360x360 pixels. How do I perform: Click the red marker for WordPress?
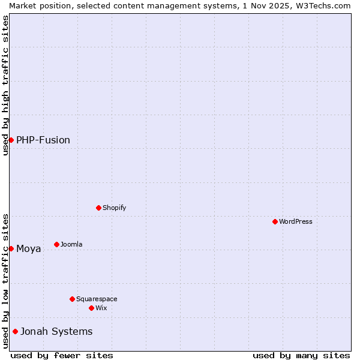pyautogui.click(x=275, y=221)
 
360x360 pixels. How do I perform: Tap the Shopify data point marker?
pyautogui.click(x=98, y=208)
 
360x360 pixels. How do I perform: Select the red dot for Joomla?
pyautogui.click(x=56, y=244)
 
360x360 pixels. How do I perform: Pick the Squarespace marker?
pyautogui.click(x=72, y=299)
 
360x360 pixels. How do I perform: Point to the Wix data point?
pyautogui.click(x=91, y=308)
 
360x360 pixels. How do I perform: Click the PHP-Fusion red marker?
pyautogui.click(x=11, y=140)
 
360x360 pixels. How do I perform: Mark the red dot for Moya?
pyautogui.click(x=11, y=248)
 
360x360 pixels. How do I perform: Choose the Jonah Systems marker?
pyautogui.click(x=15, y=331)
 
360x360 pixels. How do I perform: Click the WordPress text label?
pyautogui.click(x=296, y=221)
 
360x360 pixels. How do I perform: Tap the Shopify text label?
pyautogui.click(x=114, y=208)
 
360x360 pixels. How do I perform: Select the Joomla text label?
pyautogui.click(x=71, y=244)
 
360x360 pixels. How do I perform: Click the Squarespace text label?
pyautogui.click(x=97, y=299)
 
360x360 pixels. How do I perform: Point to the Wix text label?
pyautogui.click(x=101, y=308)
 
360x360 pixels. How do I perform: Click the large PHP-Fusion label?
pyautogui.click(x=43, y=140)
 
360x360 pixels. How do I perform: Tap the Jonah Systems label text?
pyautogui.click(x=56, y=331)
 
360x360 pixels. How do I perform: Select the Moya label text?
pyautogui.click(x=29, y=248)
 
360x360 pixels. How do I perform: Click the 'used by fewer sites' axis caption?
pyautogui.click(x=62, y=355)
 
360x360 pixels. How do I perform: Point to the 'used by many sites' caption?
pyautogui.click(x=301, y=355)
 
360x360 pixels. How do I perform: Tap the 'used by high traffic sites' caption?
pyautogui.click(x=5, y=85)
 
